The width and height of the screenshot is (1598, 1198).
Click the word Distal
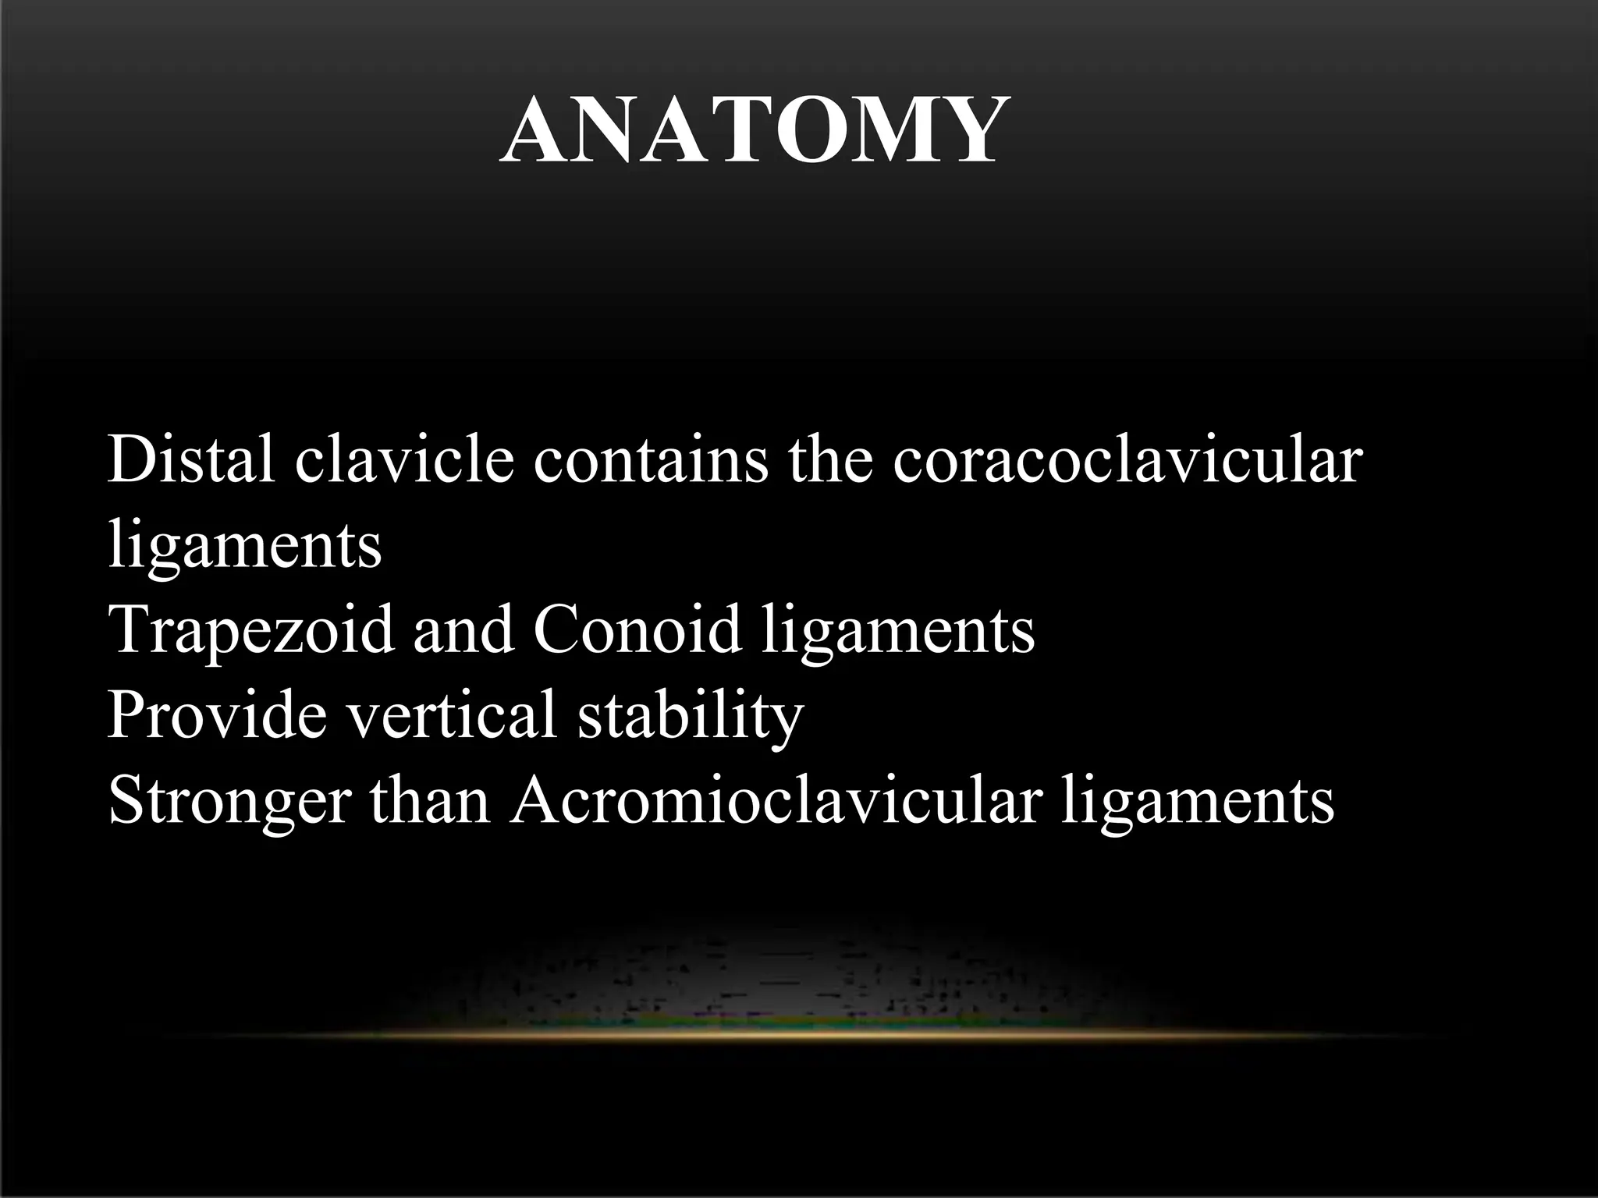pyautogui.click(x=190, y=460)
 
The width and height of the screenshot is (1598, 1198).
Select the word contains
pyautogui.click(x=651, y=460)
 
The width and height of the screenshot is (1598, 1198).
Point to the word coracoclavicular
pyautogui.click(x=1127, y=460)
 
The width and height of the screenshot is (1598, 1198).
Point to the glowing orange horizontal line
pyautogui.click(x=796, y=1034)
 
